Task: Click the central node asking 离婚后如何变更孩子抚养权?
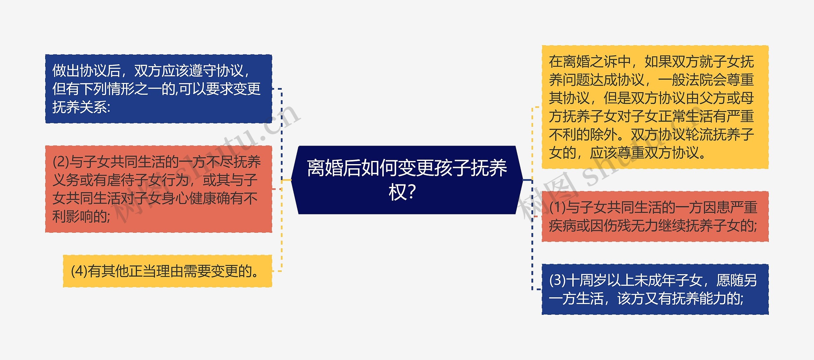(x=407, y=180)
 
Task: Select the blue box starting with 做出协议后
(x=159, y=89)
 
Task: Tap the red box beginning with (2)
(x=159, y=189)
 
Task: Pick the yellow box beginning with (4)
(x=168, y=271)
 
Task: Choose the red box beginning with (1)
(x=655, y=217)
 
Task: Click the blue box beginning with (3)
(x=655, y=289)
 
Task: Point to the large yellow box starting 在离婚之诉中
(x=655, y=107)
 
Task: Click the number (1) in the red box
(x=557, y=208)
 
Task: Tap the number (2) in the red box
(x=61, y=162)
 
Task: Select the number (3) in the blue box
(x=557, y=280)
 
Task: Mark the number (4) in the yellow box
(x=79, y=271)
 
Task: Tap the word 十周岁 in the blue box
(x=587, y=280)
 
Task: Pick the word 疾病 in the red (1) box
(x=562, y=226)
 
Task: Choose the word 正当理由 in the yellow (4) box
(x=142, y=271)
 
